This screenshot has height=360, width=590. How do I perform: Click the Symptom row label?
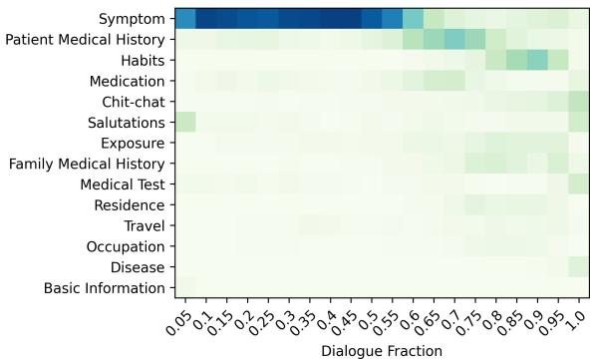pyautogui.click(x=132, y=19)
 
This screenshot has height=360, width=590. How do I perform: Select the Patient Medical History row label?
pyautogui.click(x=86, y=40)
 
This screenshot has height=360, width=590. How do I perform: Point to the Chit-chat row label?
pyautogui.click(x=134, y=102)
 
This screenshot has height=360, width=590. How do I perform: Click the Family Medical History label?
pyautogui.click(x=91, y=164)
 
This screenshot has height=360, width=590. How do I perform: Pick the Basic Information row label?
pyautogui.click(x=105, y=288)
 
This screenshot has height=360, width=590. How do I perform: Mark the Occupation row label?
pyautogui.click(x=127, y=246)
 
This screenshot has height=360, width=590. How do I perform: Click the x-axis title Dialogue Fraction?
pyautogui.click(x=382, y=350)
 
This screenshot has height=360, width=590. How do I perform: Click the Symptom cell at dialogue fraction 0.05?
pyautogui.click(x=184, y=18)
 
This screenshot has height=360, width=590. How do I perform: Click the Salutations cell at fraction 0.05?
pyautogui.click(x=184, y=122)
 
